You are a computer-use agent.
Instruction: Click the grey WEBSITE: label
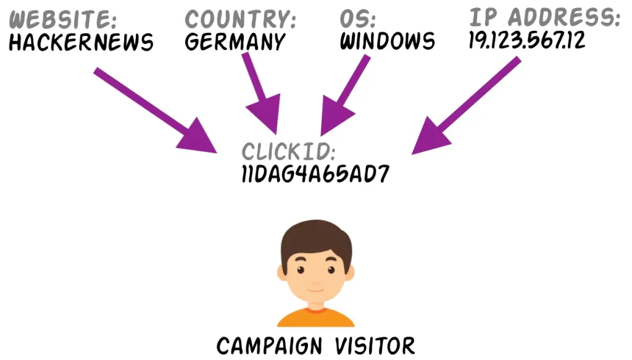coord(64,20)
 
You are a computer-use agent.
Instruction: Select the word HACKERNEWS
coord(81,43)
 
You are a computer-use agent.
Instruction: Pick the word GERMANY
coord(235,42)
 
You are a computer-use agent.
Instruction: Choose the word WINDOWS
coord(388,42)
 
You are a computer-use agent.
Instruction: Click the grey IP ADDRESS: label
coord(544,17)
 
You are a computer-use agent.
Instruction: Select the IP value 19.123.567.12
coord(526,40)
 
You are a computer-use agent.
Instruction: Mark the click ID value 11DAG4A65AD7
coord(315,175)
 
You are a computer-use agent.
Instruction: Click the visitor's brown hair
coord(315,238)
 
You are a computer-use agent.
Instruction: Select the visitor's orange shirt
coord(315,316)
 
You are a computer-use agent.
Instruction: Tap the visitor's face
coord(315,275)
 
